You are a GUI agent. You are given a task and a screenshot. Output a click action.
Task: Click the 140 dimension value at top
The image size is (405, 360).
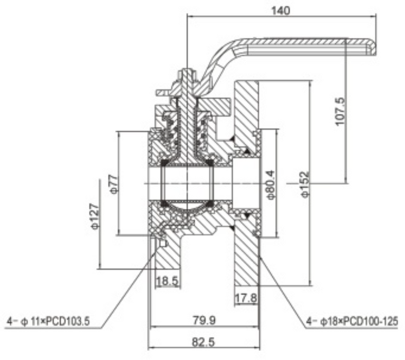[x=282, y=10]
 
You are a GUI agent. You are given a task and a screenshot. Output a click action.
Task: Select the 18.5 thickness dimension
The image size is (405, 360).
[x=167, y=282]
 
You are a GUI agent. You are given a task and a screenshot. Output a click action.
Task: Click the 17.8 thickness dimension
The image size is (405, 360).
[x=246, y=298]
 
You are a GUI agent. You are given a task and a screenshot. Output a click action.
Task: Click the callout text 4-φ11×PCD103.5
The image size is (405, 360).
[x=48, y=322]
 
